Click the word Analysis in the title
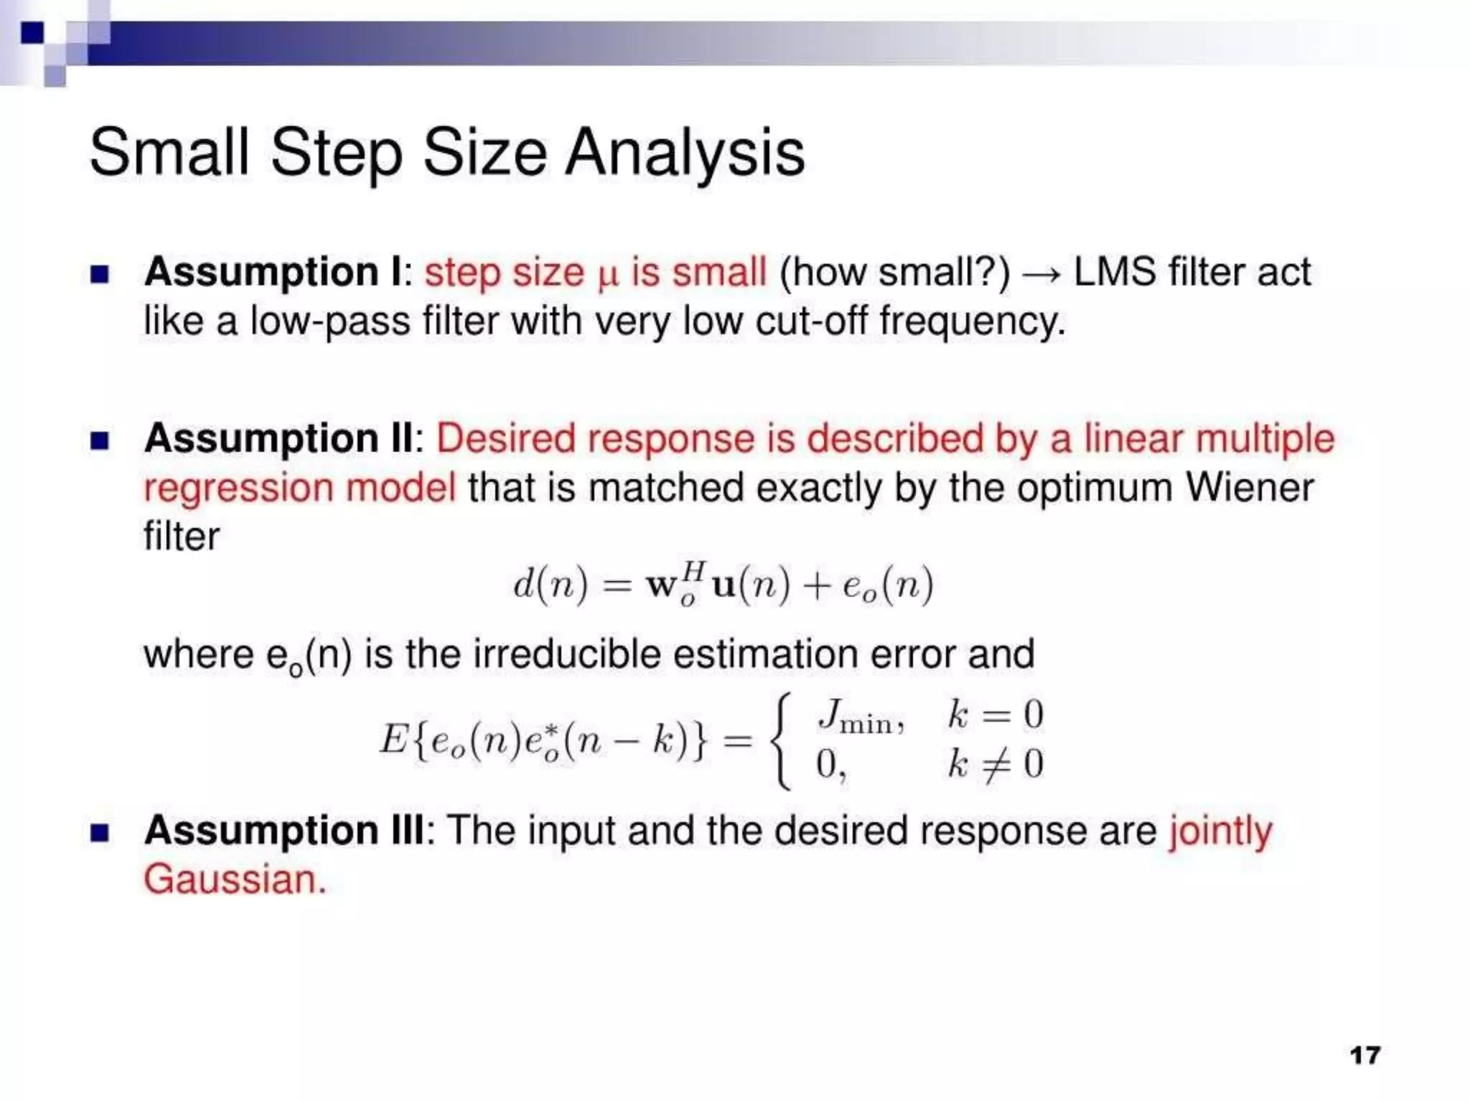click(685, 154)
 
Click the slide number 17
click(1364, 1055)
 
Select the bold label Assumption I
click(273, 273)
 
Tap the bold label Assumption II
click(278, 438)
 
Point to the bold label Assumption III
click(284, 831)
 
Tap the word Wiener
click(1249, 488)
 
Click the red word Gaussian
click(235, 880)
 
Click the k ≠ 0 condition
click(995, 763)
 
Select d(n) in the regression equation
click(550, 584)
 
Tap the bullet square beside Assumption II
click(100, 440)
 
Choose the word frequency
click(972, 321)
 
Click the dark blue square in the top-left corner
click(32, 33)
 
